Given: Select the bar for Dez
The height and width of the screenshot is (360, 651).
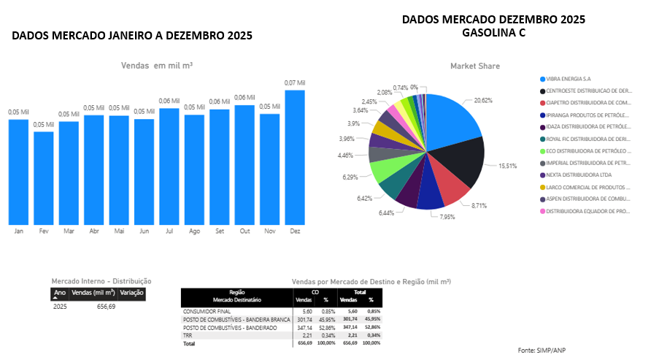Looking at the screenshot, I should [295, 157].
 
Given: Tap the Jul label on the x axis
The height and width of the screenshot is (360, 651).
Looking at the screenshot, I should [169, 231].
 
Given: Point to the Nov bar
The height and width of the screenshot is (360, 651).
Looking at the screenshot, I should [270, 169].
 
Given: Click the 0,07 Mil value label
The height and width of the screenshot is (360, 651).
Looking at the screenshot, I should [295, 83].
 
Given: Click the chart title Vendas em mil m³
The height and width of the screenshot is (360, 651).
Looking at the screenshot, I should [157, 66].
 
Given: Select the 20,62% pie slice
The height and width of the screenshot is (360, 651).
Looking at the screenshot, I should [456, 120].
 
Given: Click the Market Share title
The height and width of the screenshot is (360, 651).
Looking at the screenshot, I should [475, 66].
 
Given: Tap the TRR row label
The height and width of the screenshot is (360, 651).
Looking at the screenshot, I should [188, 335].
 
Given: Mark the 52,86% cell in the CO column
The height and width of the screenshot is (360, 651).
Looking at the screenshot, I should [325, 327].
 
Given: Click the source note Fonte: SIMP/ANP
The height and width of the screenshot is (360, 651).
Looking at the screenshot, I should [542, 351].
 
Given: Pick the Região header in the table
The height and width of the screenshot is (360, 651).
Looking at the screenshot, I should [236, 291].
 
